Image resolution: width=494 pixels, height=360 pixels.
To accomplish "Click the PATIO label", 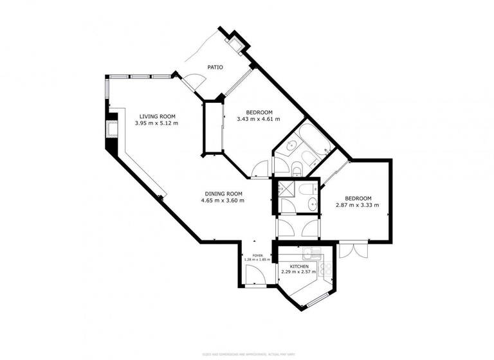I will (214, 67).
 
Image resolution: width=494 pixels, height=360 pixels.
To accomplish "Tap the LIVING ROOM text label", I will (157, 116).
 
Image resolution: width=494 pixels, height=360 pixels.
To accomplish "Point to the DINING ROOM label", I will (223, 194).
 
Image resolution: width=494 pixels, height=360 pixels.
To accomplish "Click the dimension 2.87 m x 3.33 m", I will (357, 206).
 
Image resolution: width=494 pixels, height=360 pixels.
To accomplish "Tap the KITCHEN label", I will (299, 266).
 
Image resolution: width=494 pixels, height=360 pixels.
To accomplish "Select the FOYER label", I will (257, 255).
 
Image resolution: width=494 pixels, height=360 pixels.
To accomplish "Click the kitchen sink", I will (311, 252).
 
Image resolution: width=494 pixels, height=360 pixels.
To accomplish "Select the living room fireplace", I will (112, 131).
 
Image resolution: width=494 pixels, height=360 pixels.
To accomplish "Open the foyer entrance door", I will (255, 278).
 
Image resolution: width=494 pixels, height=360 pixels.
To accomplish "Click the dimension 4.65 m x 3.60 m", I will (223, 201).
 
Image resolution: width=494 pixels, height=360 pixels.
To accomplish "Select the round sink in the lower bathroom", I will (312, 205).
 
